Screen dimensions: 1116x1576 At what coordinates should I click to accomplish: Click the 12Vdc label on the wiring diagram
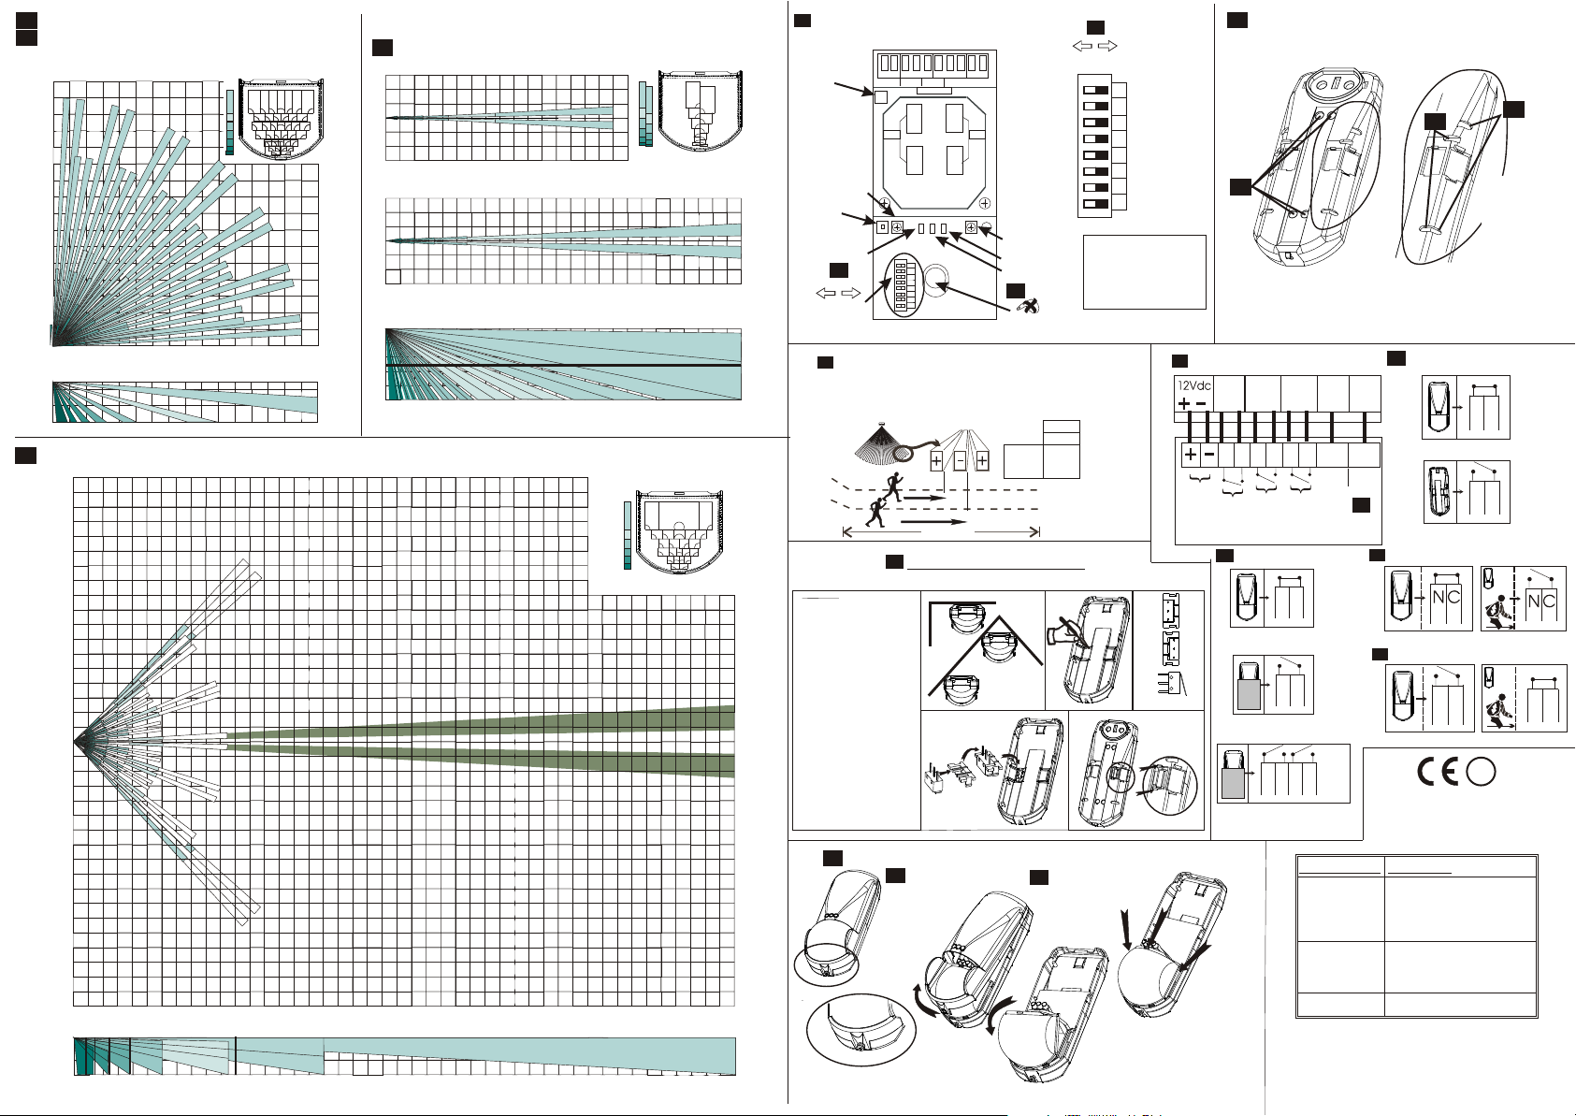click(1194, 385)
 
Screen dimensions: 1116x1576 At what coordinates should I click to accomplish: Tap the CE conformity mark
click(1439, 771)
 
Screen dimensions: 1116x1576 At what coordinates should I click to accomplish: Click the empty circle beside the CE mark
click(1481, 771)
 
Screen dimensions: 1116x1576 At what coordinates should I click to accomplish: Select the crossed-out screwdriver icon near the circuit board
click(1027, 306)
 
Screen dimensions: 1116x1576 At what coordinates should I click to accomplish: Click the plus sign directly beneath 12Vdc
click(1184, 404)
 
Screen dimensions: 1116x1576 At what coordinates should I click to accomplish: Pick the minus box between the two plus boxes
click(960, 461)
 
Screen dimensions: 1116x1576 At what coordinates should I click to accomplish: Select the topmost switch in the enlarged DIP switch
click(1095, 90)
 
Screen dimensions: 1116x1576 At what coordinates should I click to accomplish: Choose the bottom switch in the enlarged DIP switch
click(1095, 204)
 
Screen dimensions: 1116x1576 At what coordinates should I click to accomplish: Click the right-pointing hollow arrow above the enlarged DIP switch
click(1107, 46)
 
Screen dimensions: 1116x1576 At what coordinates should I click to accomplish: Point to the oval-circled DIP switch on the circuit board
click(904, 284)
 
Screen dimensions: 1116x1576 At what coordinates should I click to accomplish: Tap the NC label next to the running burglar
click(1540, 601)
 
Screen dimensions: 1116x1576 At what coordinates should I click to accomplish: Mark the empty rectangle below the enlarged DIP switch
click(1144, 271)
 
